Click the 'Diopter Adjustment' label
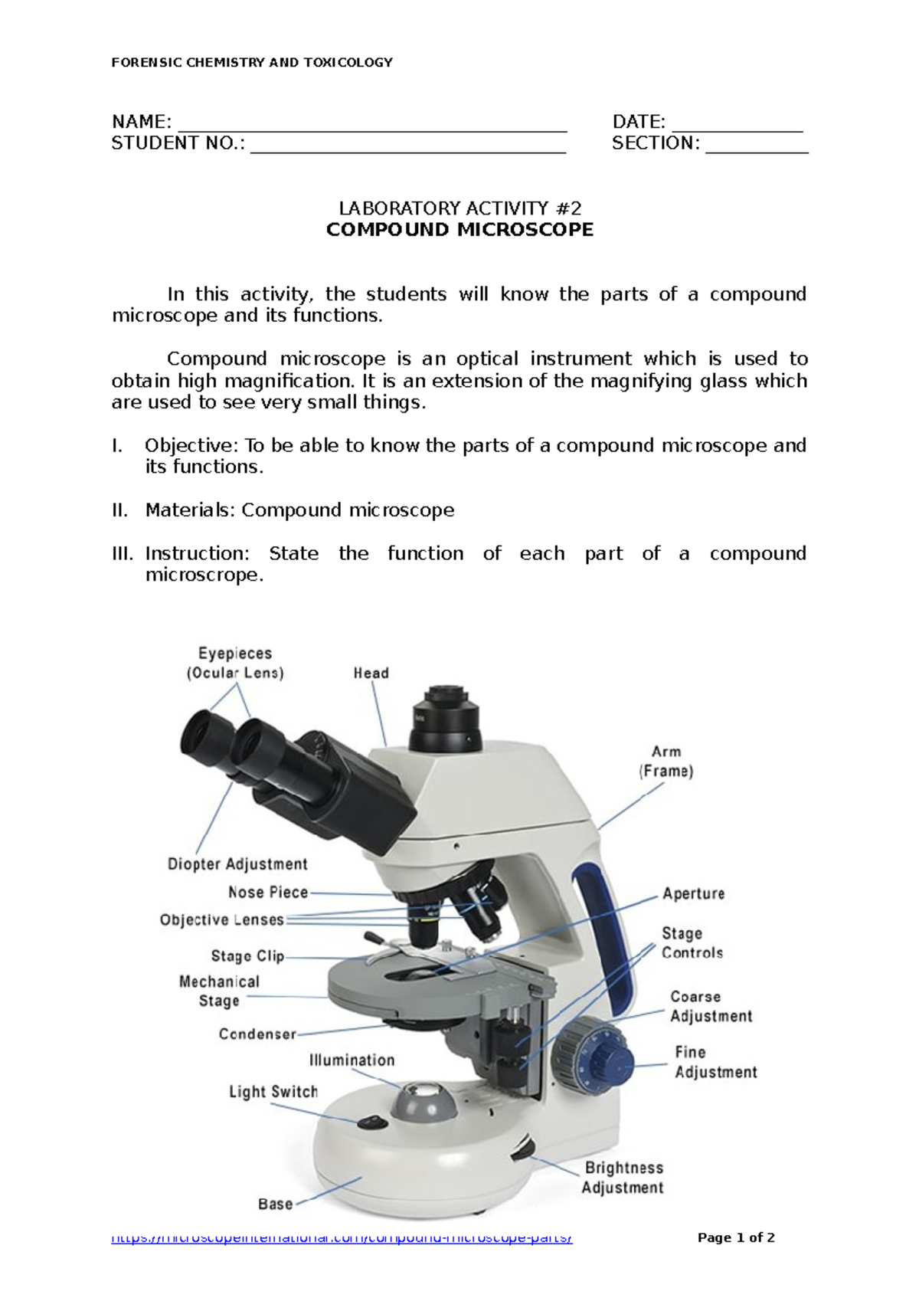pyautogui.click(x=237, y=864)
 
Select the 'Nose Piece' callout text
pyautogui.click(x=268, y=893)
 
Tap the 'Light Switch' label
pyautogui.click(x=273, y=1092)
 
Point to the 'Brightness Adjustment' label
pyautogui.click(x=623, y=1178)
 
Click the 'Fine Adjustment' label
pyautogui.click(x=715, y=1063)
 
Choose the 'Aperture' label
pyautogui.click(x=693, y=893)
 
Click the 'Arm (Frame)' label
pyautogui.click(x=666, y=762)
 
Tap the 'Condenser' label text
pyautogui.click(x=257, y=1034)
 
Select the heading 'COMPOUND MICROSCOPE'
pyautogui.click(x=459, y=230)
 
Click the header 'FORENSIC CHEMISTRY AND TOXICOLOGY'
pyautogui.click(x=252, y=63)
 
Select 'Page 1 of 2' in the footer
pyautogui.click(x=736, y=1237)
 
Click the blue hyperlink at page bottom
pyautogui.click(x=342, y=1238)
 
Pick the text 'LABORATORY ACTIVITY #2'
pyautogui.click(x=459, y=208)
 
